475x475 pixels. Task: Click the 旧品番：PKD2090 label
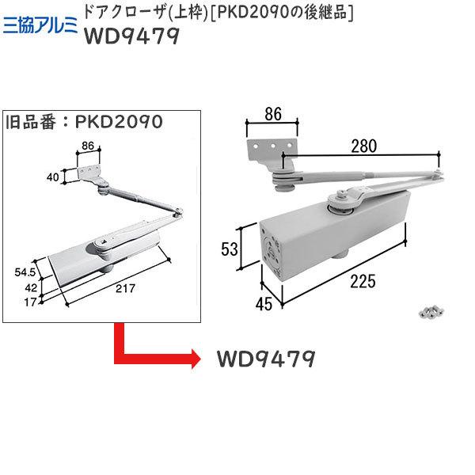[84, 123]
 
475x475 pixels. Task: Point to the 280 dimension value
[355, 145]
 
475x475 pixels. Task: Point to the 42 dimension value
[30, 287]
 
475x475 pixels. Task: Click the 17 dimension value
[31, 302]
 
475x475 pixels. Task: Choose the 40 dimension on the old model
[53, 177]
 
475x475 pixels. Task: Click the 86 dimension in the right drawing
[272, 115]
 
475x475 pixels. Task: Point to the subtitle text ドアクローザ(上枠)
[131, 12]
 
